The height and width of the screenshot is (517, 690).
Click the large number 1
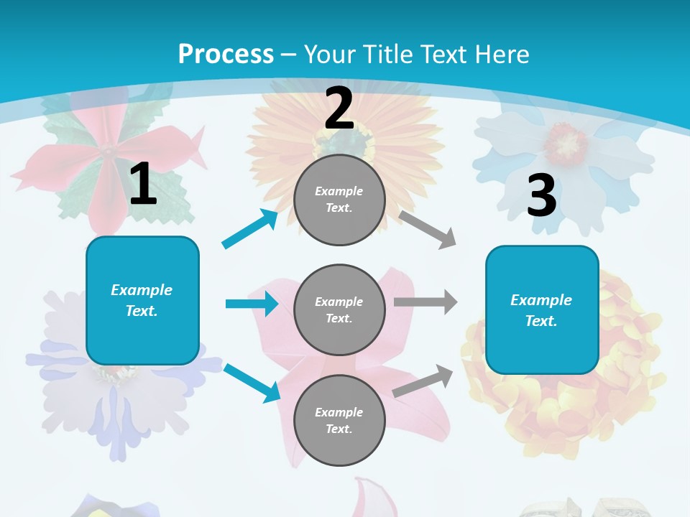(x=143, y=185)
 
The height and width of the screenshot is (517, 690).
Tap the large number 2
(x=339, y=108)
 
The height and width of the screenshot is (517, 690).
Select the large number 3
(x=541, y=196)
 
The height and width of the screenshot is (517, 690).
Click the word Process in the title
(x=226, y=54)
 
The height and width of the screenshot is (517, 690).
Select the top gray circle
(x=339, y=200)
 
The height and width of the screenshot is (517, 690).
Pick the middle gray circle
(x=339, y=309)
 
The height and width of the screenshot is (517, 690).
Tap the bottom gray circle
(x=339, y=420)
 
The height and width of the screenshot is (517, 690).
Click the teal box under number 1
(x=142, y=300)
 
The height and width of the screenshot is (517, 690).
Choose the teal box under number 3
(x=542, y=309)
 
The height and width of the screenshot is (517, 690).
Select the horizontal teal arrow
(x=252, y=304)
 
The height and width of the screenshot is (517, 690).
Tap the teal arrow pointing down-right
(x=252, y=383)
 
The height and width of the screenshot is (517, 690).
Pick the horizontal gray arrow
(x=425, y=302)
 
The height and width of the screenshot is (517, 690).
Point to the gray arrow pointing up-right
(x=423, y=381)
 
